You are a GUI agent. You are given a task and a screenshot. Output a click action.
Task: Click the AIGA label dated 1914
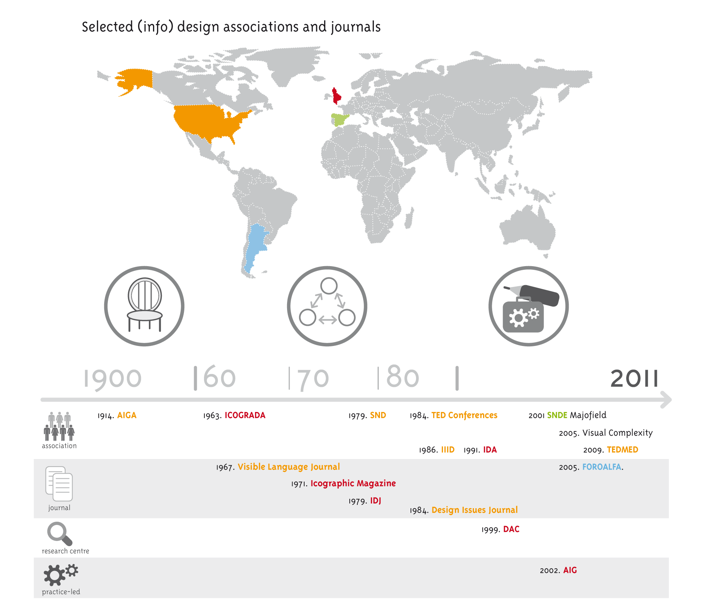point(126,415)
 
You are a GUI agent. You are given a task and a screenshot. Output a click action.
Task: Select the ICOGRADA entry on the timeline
point(245,415)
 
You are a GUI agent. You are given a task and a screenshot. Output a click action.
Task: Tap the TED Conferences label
point(464,415)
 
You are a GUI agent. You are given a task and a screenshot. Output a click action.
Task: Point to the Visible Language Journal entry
point(289,467)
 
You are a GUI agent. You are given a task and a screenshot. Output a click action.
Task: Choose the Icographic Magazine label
point(353,483)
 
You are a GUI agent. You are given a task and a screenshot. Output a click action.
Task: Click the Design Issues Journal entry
point(474,510)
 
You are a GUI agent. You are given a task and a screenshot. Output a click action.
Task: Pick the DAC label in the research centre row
point(511,529)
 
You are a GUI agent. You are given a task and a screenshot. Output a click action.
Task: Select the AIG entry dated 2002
point(570,571)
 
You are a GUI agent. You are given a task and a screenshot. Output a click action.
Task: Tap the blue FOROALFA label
point(601,467)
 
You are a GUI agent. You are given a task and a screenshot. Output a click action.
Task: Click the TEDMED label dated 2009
point(622,450)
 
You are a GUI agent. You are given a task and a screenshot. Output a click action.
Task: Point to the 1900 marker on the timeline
point(112,378)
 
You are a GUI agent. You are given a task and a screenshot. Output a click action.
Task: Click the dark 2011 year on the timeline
point(634,378)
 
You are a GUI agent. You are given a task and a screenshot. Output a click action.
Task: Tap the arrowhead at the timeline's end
point(666,400)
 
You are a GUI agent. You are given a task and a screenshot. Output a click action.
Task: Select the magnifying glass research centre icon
point(59,534)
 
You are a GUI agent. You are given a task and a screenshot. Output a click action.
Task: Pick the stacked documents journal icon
point(59,484)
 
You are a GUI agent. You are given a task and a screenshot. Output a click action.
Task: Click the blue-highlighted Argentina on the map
point(256,244)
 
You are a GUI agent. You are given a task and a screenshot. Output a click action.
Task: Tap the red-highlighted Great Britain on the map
point(336,96)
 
